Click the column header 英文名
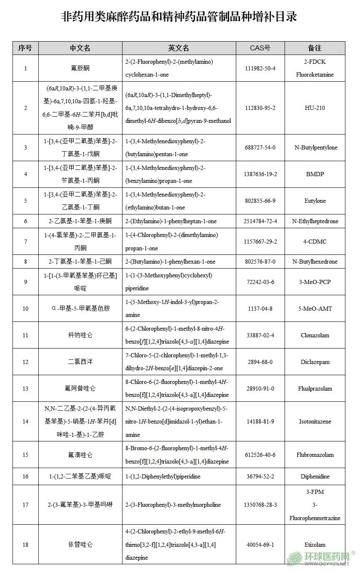(179, 48)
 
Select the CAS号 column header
(260, 48)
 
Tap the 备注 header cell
(315, 48)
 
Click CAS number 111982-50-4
(260, 68)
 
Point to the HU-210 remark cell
(315, 108)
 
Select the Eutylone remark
(315, 201)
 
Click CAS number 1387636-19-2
(260, 174)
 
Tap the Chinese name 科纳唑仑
(80, 335)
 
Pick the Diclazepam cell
(315, 362)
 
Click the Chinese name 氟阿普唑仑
(80, 389)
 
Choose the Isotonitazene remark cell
(315, 421)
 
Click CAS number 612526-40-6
(260, 455)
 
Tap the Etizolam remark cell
(315, 544)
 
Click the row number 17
(25, 505)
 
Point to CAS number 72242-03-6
(260, 282)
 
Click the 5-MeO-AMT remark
(315, 309)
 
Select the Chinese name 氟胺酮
(80, 68)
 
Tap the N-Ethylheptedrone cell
(315, 221)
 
